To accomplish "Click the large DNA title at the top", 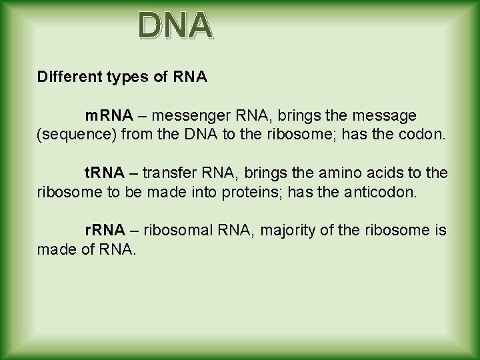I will (x=176, y=26).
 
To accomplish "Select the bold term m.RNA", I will (x=105, y=117).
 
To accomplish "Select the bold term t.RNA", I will (x=104, y=173).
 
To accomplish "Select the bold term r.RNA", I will (x=104, y=230).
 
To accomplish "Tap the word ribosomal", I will (x=175, y=230).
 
